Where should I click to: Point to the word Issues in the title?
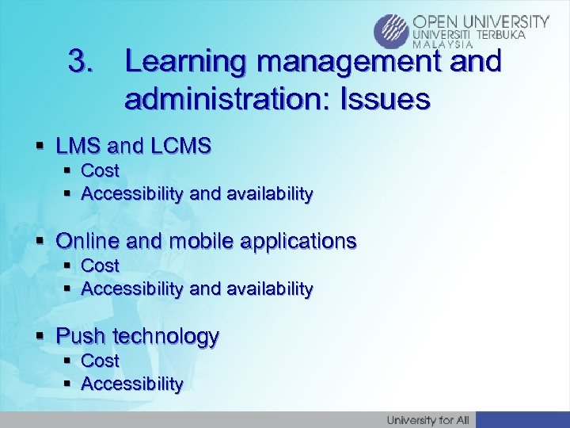point(384,99)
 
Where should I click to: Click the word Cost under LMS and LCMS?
point(100,170)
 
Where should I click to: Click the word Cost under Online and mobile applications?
point(100,266)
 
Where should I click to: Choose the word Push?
point(82,336)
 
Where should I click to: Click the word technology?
point(165,336)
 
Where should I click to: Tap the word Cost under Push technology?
point(100,361)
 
